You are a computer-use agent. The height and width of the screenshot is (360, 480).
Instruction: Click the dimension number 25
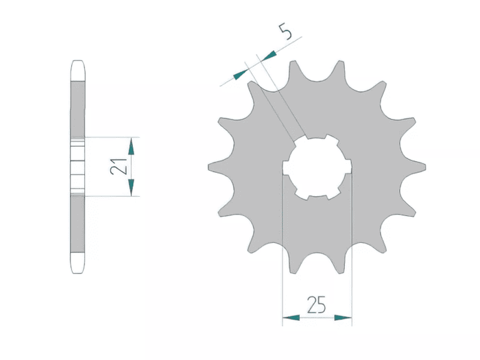tap(317, 304)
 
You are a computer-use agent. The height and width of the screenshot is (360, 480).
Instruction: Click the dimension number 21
tap(119, 167)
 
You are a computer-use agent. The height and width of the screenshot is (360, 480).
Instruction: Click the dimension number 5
tap(285, 32)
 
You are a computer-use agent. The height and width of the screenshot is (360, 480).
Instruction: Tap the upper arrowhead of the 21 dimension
tap(131, 146)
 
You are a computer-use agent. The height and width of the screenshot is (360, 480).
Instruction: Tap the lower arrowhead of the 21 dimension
tap(131, 187)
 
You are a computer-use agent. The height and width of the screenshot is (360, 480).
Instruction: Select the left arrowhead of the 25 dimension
tap(291, 317)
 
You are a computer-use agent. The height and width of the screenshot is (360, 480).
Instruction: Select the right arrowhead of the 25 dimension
tap(343, 317)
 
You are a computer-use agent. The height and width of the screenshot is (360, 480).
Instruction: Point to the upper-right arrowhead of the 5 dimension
tap(269, 56)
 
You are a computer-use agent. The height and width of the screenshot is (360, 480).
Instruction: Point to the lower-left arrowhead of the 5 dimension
tap(241, 74)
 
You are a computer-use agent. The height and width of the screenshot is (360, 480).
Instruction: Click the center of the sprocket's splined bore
tap(317, 167)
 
